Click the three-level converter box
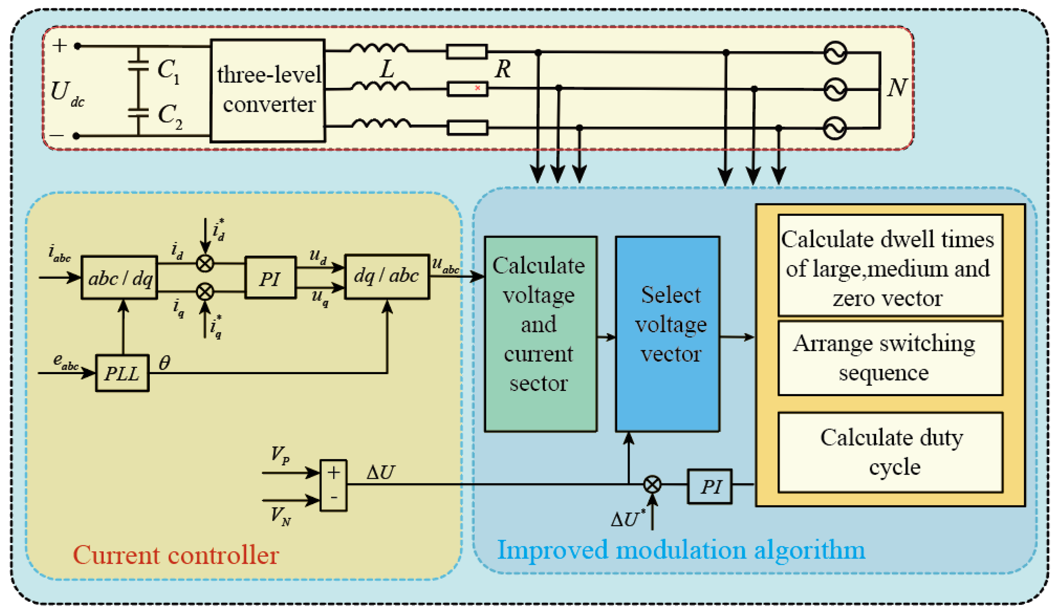[268, 91]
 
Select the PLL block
[122, 373]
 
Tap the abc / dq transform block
[119, 277]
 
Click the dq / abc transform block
[387, 277]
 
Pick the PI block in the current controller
[270, 277]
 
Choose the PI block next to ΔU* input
[710, 486]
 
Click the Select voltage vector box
[668, 334]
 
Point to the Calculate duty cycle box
[890, 453]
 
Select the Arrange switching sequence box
[890, 358]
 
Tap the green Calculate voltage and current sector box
[541, 334]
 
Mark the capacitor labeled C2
[138, 113]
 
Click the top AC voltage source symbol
[835, 53]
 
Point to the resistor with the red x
[467, 89]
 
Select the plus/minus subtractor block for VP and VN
[333, 485]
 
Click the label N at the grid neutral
[897, 88]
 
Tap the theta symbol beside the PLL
[164, 363]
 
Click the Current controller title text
[176, 555]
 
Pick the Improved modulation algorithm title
[681, 550]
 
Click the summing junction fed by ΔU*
[652, 484]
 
